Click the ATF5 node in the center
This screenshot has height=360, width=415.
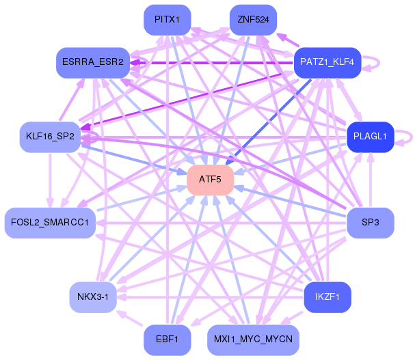coord(211,180)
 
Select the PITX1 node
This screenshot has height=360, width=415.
coord(167,20)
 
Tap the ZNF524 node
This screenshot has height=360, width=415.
coord(253,20)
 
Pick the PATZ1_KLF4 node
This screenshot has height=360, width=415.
coord(327,62)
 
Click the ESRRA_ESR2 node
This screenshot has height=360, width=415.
coord(92,62)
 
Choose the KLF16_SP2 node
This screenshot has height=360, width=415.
coord(50,137)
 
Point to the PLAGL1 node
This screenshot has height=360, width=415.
coord(370,137)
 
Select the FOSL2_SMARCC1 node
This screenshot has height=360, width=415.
coord(50,223)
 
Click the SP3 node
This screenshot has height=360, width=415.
coord(370,223)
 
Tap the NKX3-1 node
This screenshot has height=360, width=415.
coord(92,297)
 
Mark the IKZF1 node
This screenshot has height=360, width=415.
coord(327,297)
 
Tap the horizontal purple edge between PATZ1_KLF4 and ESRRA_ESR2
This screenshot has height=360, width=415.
coord(212,62)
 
